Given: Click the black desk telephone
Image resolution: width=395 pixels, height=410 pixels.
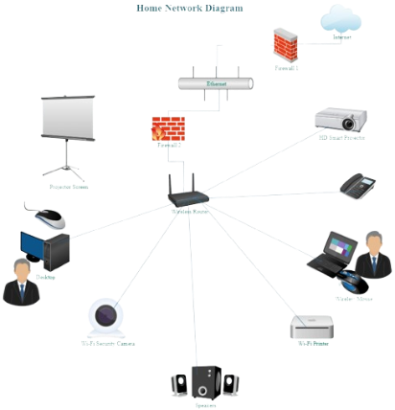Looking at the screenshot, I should coord(362,184).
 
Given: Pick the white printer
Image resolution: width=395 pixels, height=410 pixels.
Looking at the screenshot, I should coord(313,328).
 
